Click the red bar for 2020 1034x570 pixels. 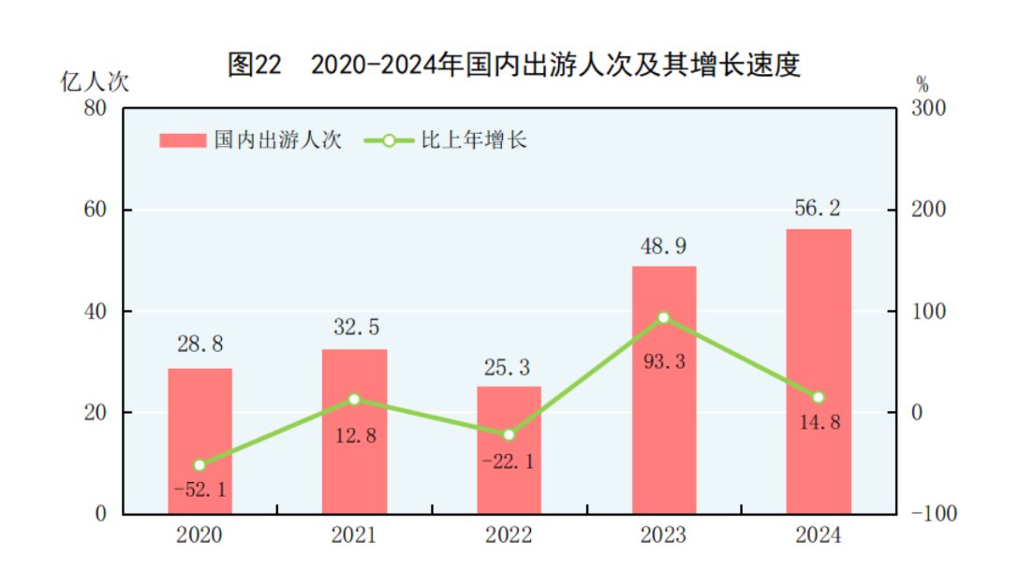(x=199, y=440)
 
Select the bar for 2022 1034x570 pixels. (x=509, y=449)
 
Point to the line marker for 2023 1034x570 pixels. (x=664, y=317)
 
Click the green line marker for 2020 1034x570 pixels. (x=199, y=464)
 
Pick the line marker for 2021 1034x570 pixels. (x=354, y=399)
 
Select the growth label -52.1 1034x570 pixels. (x=199, y=489)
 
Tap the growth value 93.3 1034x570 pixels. (x=663, y=360)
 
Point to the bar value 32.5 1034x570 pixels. (x=354, y=329)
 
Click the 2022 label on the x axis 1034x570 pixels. (x=509, y=536)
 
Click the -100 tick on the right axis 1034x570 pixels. (x=926, y=514)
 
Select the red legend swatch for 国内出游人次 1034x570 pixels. (x=182, y=140)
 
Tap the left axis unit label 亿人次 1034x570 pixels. (x=95, y=81)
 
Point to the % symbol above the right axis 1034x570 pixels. (x=922, y=82)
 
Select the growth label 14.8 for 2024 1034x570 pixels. (x=819, y=422)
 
